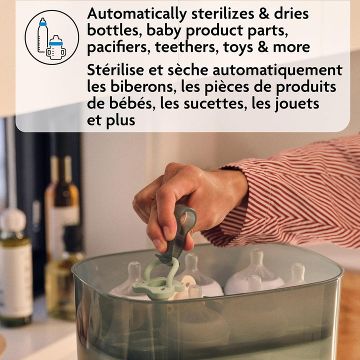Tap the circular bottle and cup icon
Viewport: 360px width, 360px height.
(x=51, y=37)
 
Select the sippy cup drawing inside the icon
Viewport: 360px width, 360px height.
(x=56, y=47)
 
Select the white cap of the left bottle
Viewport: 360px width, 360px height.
(x=12, y=219)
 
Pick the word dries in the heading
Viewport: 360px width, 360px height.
(x=286, y=13)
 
